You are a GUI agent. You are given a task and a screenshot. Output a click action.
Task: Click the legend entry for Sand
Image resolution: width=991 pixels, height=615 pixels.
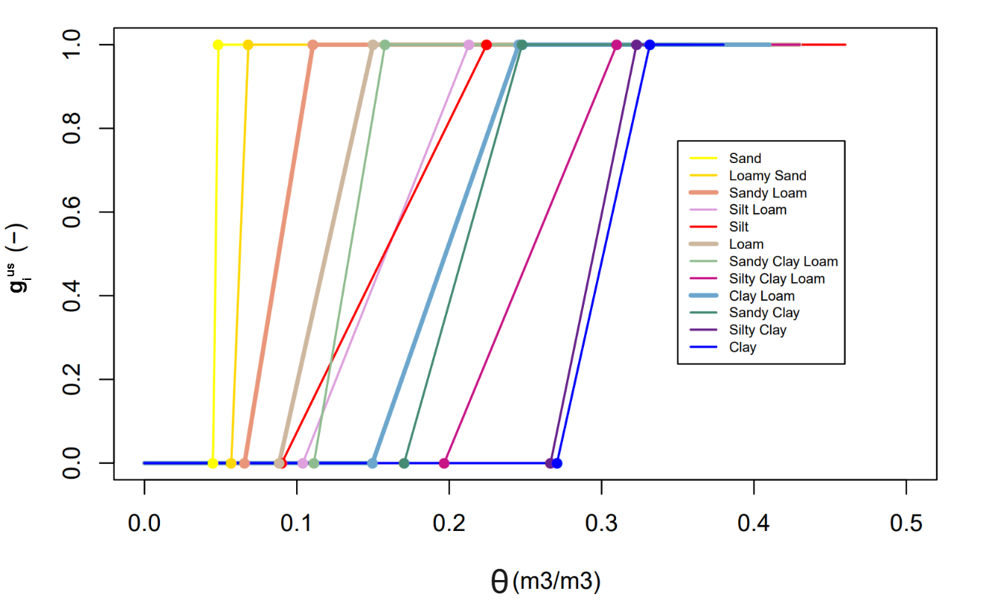pos(745,159)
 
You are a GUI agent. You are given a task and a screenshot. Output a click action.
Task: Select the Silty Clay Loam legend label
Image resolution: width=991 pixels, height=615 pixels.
pos(777,279)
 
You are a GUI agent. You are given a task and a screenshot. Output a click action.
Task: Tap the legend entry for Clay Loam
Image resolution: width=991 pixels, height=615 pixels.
pos(761,296)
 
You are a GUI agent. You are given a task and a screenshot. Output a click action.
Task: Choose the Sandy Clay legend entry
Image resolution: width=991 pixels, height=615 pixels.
pos(764,313)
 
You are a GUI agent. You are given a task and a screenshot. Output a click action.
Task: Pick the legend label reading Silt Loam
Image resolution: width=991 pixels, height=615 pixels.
pos(757,210)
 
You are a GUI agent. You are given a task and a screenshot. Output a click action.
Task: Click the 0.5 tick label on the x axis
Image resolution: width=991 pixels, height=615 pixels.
pos(906,523)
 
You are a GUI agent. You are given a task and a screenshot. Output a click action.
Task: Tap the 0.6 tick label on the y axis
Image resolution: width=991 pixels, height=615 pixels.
pos(72,212)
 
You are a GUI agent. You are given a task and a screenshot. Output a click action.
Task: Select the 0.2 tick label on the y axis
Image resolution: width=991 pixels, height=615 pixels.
pos(72,379)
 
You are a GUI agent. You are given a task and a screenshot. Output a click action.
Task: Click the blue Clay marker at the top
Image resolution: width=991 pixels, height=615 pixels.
pos(650,45)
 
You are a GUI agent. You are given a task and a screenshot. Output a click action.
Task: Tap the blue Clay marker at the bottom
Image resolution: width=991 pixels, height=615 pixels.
pos(557,463)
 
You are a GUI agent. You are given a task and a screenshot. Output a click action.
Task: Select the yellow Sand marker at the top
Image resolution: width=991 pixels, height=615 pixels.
pos(218,45)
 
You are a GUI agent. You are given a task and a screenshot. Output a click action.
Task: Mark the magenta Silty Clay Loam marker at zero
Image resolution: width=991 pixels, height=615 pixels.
pos(444,463)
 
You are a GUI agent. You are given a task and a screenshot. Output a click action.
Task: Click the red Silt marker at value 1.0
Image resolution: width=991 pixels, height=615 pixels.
pos(487,45)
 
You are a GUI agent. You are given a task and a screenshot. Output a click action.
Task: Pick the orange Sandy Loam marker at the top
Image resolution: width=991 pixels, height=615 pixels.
pos(313,45)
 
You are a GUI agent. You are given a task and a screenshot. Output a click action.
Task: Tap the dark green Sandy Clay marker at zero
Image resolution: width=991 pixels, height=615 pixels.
pos(404,463)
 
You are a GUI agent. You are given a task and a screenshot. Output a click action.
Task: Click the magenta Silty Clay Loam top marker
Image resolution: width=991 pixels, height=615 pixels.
pos(617,45)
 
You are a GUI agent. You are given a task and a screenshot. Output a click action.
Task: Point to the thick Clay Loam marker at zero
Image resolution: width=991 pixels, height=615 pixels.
pos(373,463)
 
